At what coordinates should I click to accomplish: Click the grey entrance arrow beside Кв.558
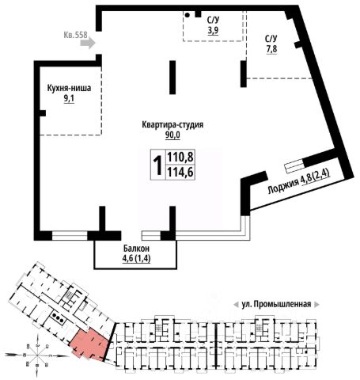(x=88, y=43)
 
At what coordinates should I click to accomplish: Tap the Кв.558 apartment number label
(x=75, y=35)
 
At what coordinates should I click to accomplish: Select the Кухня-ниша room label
(x=69, y=88)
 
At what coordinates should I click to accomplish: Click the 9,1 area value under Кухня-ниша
(x=69, y=98)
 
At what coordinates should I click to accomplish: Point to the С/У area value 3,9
(x=213, y=30)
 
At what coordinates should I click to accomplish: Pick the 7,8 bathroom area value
(x=271, y=49)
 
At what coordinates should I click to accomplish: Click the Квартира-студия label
(x=172, y=124)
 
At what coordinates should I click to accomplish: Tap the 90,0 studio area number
(x=172, y=135)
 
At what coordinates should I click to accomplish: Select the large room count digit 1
(x=158, y=165)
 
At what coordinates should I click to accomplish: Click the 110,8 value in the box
(x=180, y=158)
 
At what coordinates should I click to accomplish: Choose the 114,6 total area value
(x=180, y=173)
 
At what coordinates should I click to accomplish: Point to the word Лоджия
(x=282, y=186)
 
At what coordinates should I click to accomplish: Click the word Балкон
(x=136, y=249)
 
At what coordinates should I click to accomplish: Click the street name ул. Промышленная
(x=276, y=304)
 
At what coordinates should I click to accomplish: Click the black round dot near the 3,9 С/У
(x=188, y=15)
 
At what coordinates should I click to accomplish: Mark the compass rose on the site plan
(x=37, y=355)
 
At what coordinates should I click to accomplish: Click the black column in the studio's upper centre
(x=172, y=78)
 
